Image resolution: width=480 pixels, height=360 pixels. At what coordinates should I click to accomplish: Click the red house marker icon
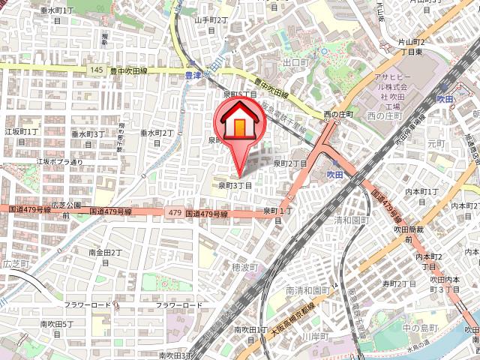(x=238, y=124)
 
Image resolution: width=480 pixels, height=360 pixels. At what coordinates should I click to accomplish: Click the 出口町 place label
(x=295, y=62)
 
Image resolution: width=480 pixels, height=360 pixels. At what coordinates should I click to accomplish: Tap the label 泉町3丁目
(x=235, y=185)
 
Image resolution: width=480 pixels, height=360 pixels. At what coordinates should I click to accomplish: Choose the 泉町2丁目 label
(x=289, y=163)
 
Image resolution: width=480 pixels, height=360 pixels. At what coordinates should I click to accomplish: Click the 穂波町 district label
(x=245, y=267)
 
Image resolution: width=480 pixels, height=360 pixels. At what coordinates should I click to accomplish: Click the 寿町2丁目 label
(x=399, y=283)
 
